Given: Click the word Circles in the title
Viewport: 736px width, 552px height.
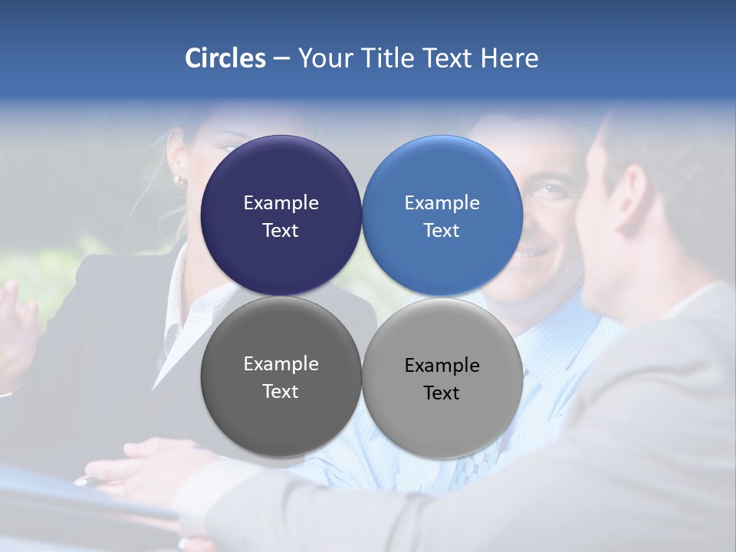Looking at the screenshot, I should pos(225,58).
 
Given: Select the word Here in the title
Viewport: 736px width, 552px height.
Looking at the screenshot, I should pos(509,58).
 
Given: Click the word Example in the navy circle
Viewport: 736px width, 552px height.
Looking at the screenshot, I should pos(281,203).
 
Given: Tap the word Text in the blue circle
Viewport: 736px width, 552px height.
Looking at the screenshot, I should pos(442,231).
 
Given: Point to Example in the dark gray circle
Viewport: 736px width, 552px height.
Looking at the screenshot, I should pos(281,364).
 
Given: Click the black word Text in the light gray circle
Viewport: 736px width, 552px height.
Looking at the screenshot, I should pos(442,393).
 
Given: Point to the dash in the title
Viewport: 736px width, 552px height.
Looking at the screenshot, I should pos(281,59).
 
